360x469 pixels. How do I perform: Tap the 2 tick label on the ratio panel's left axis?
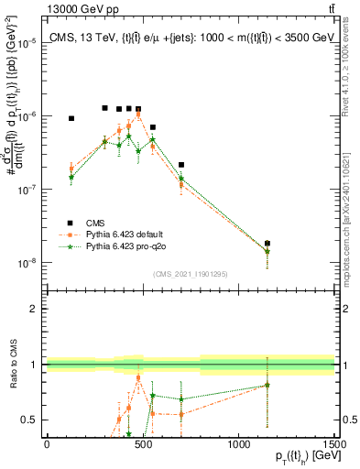(32, 309)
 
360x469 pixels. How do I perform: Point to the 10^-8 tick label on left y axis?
(27, 263)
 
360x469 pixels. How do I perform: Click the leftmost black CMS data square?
(71, 118)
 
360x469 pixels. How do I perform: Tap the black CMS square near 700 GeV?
(181, 165)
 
